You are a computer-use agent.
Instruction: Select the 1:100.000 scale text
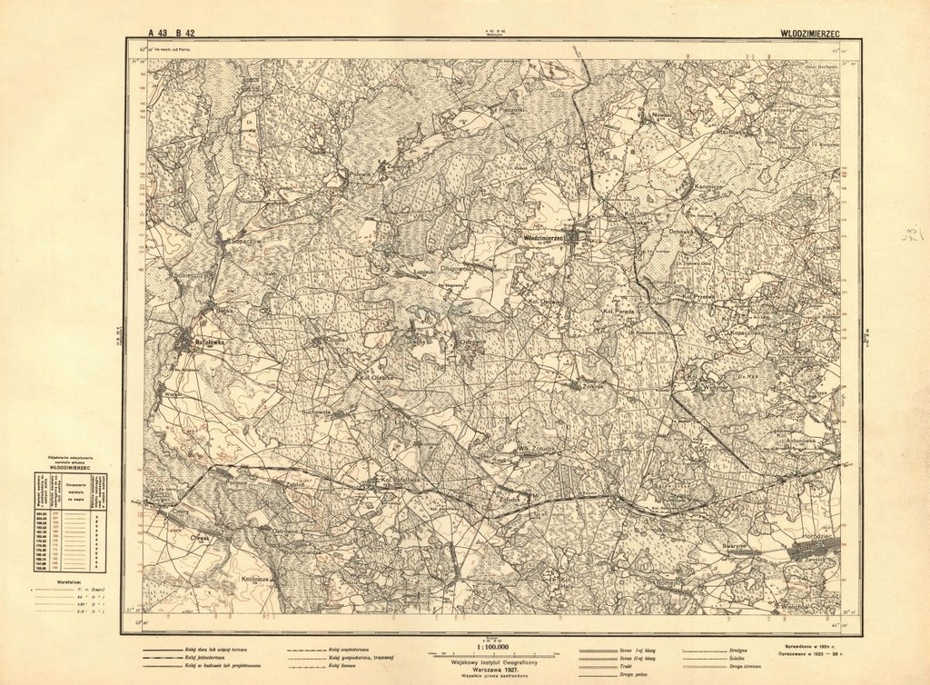pyautogui.click(x=492, y=648)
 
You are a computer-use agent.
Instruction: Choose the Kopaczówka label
pyautogui.click(x=739, y=333)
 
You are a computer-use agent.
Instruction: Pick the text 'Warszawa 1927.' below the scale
pyautogui.click(x=491, y=666)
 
